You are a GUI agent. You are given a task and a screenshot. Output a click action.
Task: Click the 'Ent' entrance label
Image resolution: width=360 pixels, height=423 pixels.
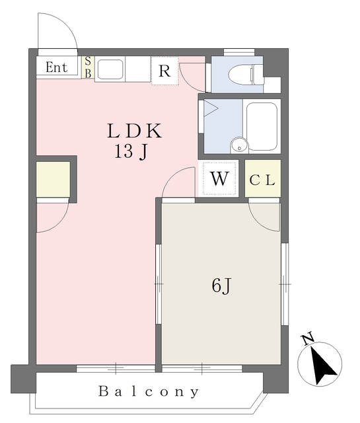[x=56, y=67]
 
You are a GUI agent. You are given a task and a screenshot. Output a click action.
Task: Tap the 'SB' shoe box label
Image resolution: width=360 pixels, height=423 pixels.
[x=88, y=67]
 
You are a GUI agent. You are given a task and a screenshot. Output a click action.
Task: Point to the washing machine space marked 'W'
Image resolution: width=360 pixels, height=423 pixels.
[x=219, y=178]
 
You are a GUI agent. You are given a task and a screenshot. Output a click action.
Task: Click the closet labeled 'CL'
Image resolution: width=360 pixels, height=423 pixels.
[x=263, y=178]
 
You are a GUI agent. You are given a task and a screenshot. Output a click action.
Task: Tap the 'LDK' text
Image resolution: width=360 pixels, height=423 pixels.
[x=135, y=130]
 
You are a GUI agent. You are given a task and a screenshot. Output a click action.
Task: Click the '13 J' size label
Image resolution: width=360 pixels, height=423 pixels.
[x=130, y=152]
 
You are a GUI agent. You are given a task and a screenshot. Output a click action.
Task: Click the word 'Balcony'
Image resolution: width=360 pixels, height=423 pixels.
[x=149, y=391]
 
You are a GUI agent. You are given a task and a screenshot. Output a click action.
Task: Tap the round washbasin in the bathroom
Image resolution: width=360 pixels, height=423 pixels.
[x=237, y=145]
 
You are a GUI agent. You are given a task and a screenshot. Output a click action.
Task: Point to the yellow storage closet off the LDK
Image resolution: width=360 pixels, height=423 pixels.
[x=53, y=179]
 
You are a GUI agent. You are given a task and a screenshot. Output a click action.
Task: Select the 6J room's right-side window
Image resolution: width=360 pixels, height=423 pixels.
[x=284, y=284]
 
